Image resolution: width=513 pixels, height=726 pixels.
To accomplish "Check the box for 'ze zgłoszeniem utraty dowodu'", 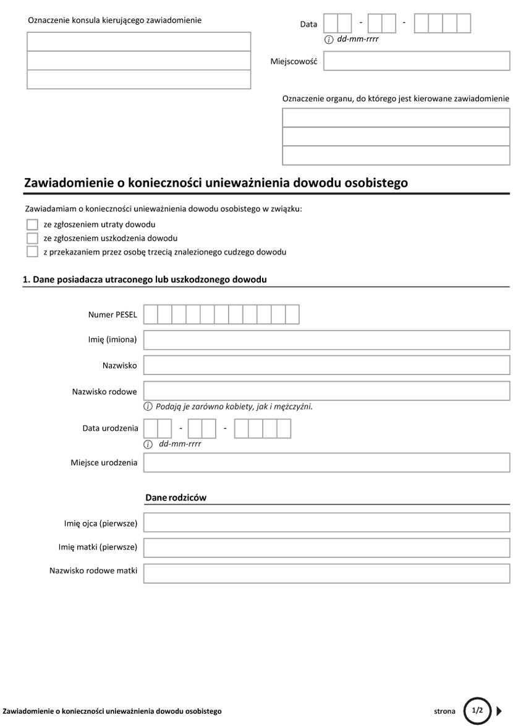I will click(x=32, y=225).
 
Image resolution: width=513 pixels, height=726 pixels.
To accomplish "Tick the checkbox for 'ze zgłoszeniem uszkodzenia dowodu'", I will click(x=32, y=238).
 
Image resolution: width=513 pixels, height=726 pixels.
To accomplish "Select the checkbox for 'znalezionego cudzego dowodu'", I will click(x=32, y=252).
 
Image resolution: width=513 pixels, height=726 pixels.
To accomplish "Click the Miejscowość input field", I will click(x=416, y=62).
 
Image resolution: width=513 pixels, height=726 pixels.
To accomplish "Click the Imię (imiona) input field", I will click(x=326, y=340).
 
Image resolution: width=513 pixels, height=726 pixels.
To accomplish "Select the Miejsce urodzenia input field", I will click(x=326, y=463).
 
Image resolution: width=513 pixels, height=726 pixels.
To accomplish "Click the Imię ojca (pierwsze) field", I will click(x=326, y=524).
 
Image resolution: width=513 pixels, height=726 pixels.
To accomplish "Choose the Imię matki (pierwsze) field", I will click(x=326, y=547).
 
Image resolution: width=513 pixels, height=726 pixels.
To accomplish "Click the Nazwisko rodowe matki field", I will click(x=326, y=572).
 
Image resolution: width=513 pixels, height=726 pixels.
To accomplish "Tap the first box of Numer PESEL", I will click(x=150, y=314).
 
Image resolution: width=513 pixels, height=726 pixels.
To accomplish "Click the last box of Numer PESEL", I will click(x=292, y=314).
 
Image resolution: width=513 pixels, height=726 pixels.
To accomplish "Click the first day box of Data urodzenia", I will click(x=150, y=428).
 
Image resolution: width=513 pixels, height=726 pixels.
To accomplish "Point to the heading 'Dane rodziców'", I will click(x=176, y=497).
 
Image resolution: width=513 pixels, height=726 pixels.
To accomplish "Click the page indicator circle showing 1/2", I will click(x=477, y=711).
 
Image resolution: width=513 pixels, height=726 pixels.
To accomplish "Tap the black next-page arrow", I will click(x=499, y=711).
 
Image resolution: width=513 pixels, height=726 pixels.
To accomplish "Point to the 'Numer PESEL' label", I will click(x=112, y=315).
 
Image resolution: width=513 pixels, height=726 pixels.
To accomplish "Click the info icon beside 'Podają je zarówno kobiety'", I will click(x=148, y=407).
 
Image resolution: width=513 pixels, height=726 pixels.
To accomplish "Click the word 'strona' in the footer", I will click(x=444, y=711).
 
